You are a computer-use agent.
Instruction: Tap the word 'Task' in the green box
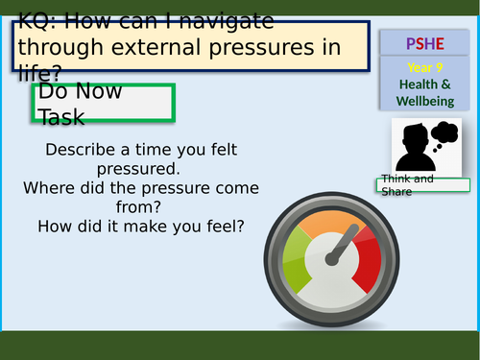click(61, 117)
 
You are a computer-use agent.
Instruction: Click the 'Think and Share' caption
click(408, 185)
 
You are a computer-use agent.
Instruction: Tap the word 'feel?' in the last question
click(223, 227)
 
